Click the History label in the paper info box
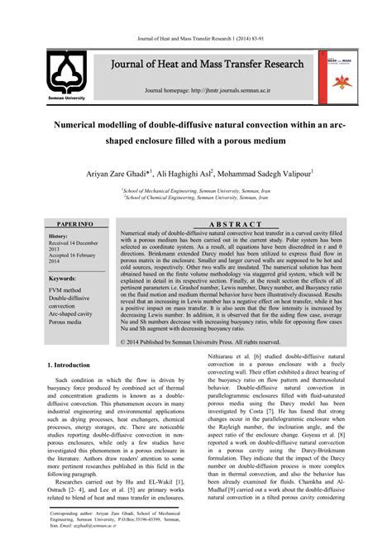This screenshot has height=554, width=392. pyautogui.click(x=59, y=236)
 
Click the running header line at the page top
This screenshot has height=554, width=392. pyautogui.click(x=196, y=39)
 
